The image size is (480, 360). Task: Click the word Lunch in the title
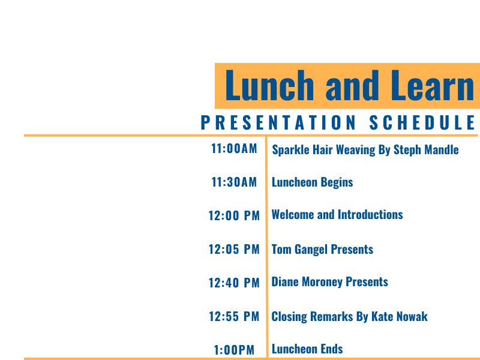269,85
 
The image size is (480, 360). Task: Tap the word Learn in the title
433,85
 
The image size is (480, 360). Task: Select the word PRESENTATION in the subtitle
278,122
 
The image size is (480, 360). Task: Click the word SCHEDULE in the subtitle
422,122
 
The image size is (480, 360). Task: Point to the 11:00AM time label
234,149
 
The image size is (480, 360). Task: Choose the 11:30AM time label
234,182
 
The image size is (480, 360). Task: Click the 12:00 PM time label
234,216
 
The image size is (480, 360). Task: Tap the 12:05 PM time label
234,250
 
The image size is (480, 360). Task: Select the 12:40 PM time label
234,283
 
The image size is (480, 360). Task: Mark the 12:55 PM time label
234,317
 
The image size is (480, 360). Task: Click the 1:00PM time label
234,350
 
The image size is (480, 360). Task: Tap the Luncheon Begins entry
312,183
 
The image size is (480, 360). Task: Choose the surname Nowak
415,317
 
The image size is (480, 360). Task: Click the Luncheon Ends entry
307,349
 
